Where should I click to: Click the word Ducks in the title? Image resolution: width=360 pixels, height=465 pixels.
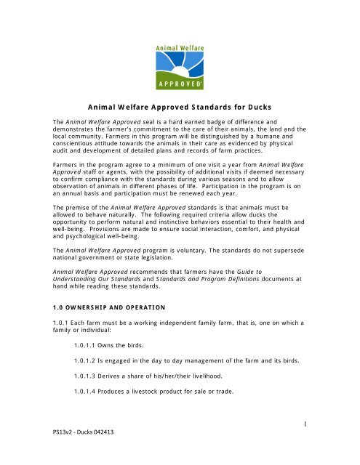tap(258, 105)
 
